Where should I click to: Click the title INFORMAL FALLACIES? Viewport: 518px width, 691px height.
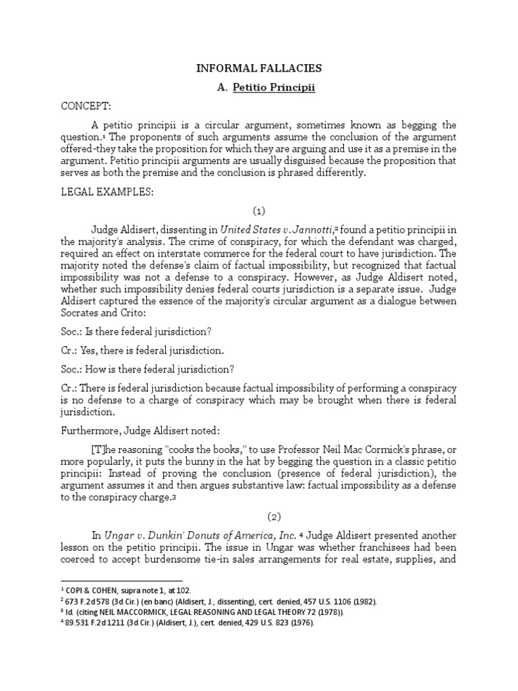point(259,68)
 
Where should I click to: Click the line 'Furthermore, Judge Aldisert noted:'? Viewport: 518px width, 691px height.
point(139,431)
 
